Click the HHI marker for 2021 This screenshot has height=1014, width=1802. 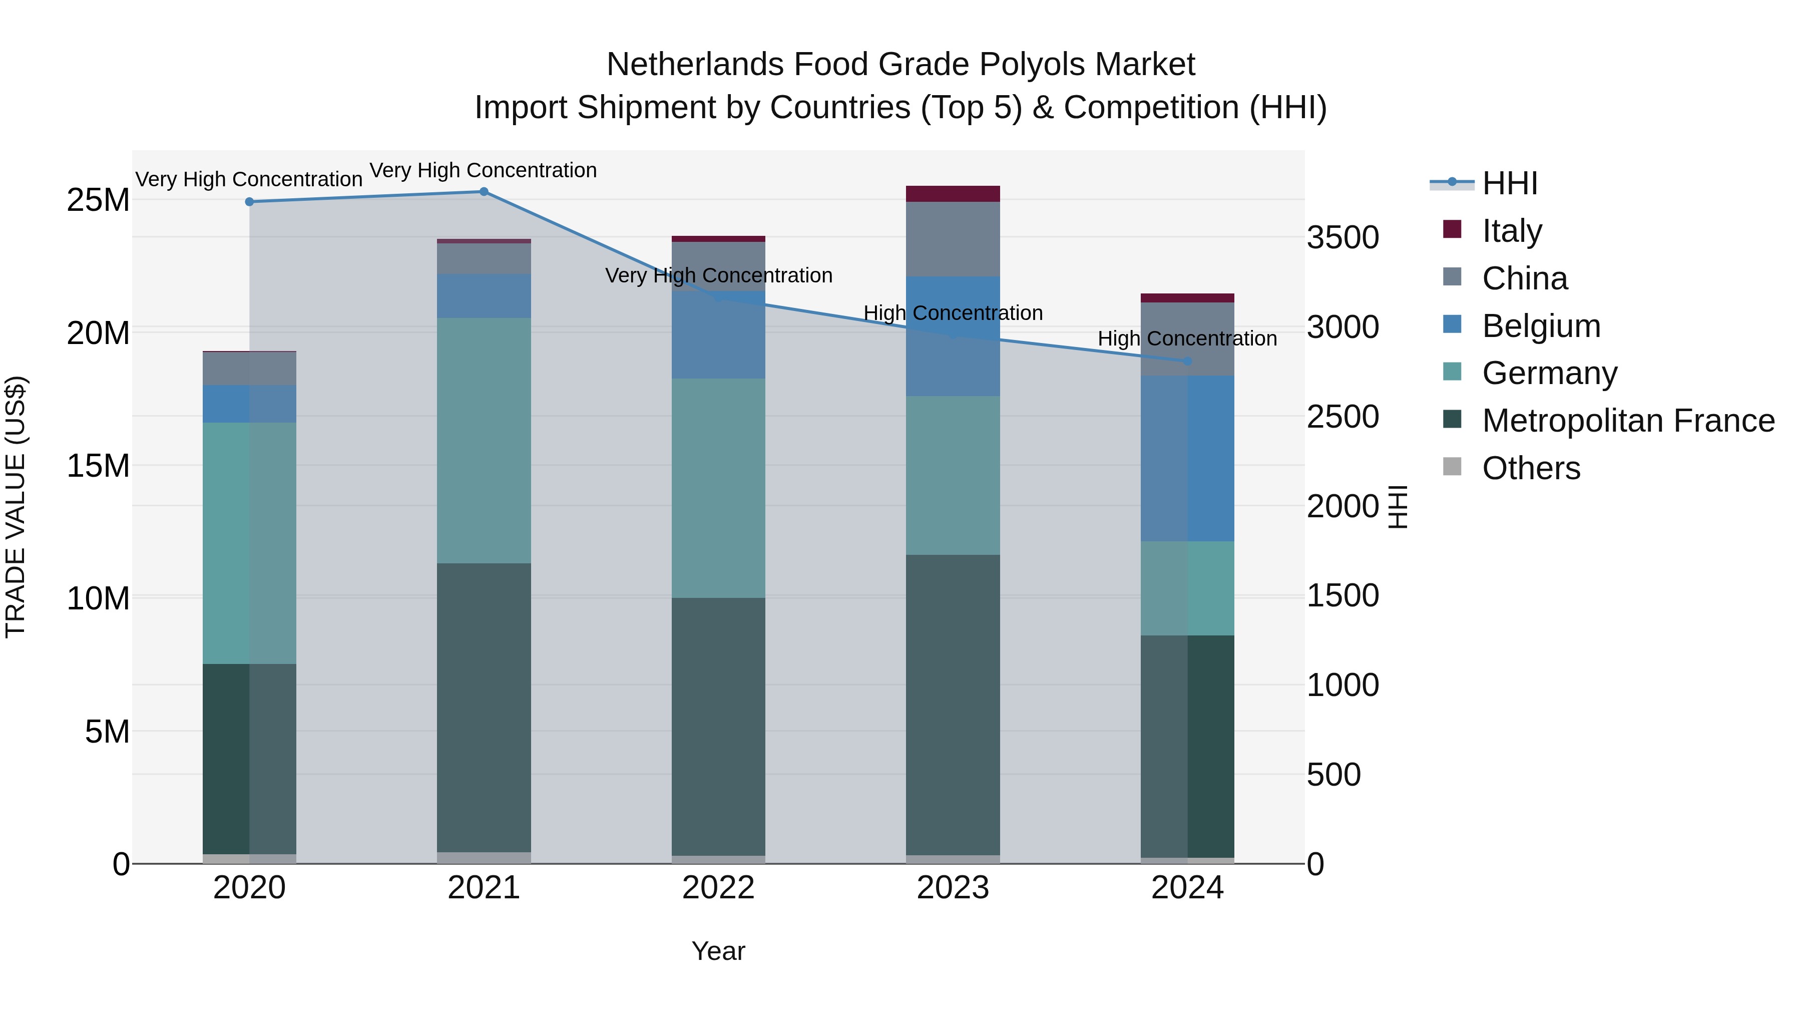(x=484, y=192)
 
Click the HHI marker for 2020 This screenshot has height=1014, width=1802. (x=250, y=201)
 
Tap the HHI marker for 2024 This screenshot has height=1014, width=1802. (x=1187, y=361)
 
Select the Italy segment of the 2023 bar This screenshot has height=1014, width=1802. (x=953, y=194)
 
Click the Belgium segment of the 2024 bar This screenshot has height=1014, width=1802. (x=1187, y=458)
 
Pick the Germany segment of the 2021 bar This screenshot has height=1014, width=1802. (x=484, y=441)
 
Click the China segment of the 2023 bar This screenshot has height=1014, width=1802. (x=953, y=239)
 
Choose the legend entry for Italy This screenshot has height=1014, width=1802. (x=1511, y=231)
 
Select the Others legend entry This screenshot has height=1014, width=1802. (x=1531, y=468)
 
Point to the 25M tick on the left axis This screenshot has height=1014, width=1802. (x=98, y=200)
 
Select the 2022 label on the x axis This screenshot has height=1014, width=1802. (x=718, y=888)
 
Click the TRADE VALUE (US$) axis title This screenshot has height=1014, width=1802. (x=16, y=507)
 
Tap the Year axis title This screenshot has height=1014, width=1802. (x=718, y=951)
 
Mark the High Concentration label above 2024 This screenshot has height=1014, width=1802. (x=1187, y=339)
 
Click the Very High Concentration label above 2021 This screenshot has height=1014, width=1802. (x=484, y=170)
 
